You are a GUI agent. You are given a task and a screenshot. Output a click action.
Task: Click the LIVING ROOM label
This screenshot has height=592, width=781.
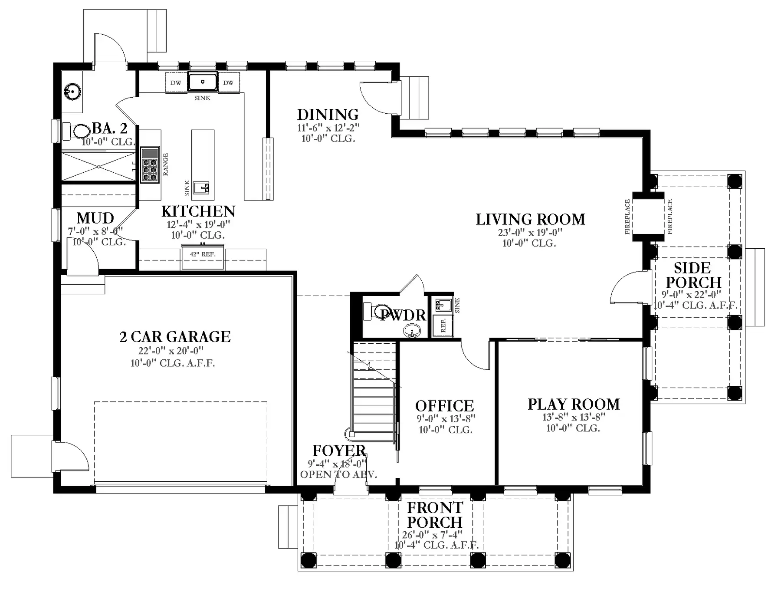(x=530, y=219)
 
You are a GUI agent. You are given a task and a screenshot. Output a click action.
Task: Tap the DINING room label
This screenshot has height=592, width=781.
(x=328, y=115)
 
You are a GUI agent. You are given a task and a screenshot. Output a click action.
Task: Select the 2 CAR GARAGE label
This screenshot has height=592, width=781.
(x=175, y=337)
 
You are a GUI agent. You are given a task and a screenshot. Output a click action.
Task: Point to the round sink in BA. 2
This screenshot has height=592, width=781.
(x=72, y=91)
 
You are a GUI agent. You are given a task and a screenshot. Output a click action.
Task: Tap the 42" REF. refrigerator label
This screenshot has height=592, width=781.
(x=203, y=254)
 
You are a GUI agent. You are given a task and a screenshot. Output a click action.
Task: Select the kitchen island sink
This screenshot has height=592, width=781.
(x=201, y=188)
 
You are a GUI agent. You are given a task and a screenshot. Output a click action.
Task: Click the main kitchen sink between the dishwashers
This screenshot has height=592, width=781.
(x=202, y=82)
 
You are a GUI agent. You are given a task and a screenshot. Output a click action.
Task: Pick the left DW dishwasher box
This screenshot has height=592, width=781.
(x=176, y=82)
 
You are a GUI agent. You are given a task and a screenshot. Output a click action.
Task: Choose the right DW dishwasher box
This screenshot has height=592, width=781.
(x=229, y=82)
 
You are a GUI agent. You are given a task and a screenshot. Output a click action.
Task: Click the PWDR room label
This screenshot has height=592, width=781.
(x=403, y=315)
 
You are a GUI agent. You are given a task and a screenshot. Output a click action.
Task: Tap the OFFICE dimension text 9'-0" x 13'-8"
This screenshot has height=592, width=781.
(x=446, y=419)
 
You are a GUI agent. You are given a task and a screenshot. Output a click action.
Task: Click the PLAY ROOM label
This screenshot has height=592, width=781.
(x=574, y=404)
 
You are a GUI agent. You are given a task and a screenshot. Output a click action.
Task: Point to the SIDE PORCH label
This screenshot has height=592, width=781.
(x=693, y=275)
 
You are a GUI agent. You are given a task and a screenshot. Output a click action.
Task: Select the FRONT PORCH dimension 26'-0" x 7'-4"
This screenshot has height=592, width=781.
(x=432, y=535)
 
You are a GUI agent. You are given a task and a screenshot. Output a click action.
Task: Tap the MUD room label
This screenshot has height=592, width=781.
(x=95, y=218)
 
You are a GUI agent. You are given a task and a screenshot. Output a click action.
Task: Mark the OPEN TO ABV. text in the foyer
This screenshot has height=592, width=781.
(x=338, y=474)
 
